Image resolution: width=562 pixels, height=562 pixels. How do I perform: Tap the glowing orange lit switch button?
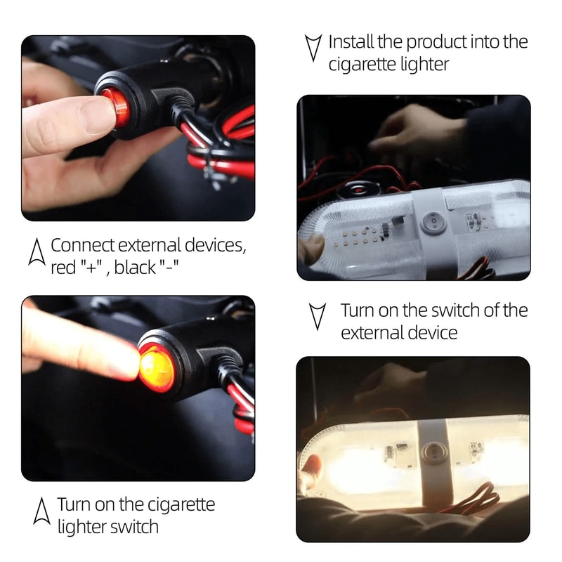pyautogui.click(x=156, y=370)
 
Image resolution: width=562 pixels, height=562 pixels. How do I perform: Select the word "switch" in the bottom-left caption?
pyautogui.click(x=136, y=527)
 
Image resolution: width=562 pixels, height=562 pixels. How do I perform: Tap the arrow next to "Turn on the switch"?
pyautogui.click(x=318, y=315)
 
